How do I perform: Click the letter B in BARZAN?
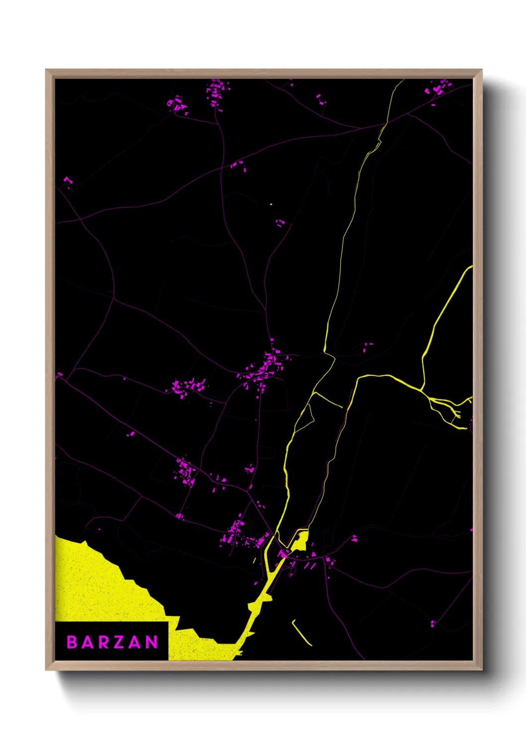point(72,642)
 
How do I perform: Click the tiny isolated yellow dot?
point(271,204)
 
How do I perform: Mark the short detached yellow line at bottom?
point(301,633)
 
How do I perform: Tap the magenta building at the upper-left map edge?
point(68,180)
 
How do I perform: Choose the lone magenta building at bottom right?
point(433,623)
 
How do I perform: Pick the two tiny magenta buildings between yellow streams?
point(367,346)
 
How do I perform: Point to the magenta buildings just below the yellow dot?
point(280,222)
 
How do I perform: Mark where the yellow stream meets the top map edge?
point(403,80)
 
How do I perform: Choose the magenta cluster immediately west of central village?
point(188,386)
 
